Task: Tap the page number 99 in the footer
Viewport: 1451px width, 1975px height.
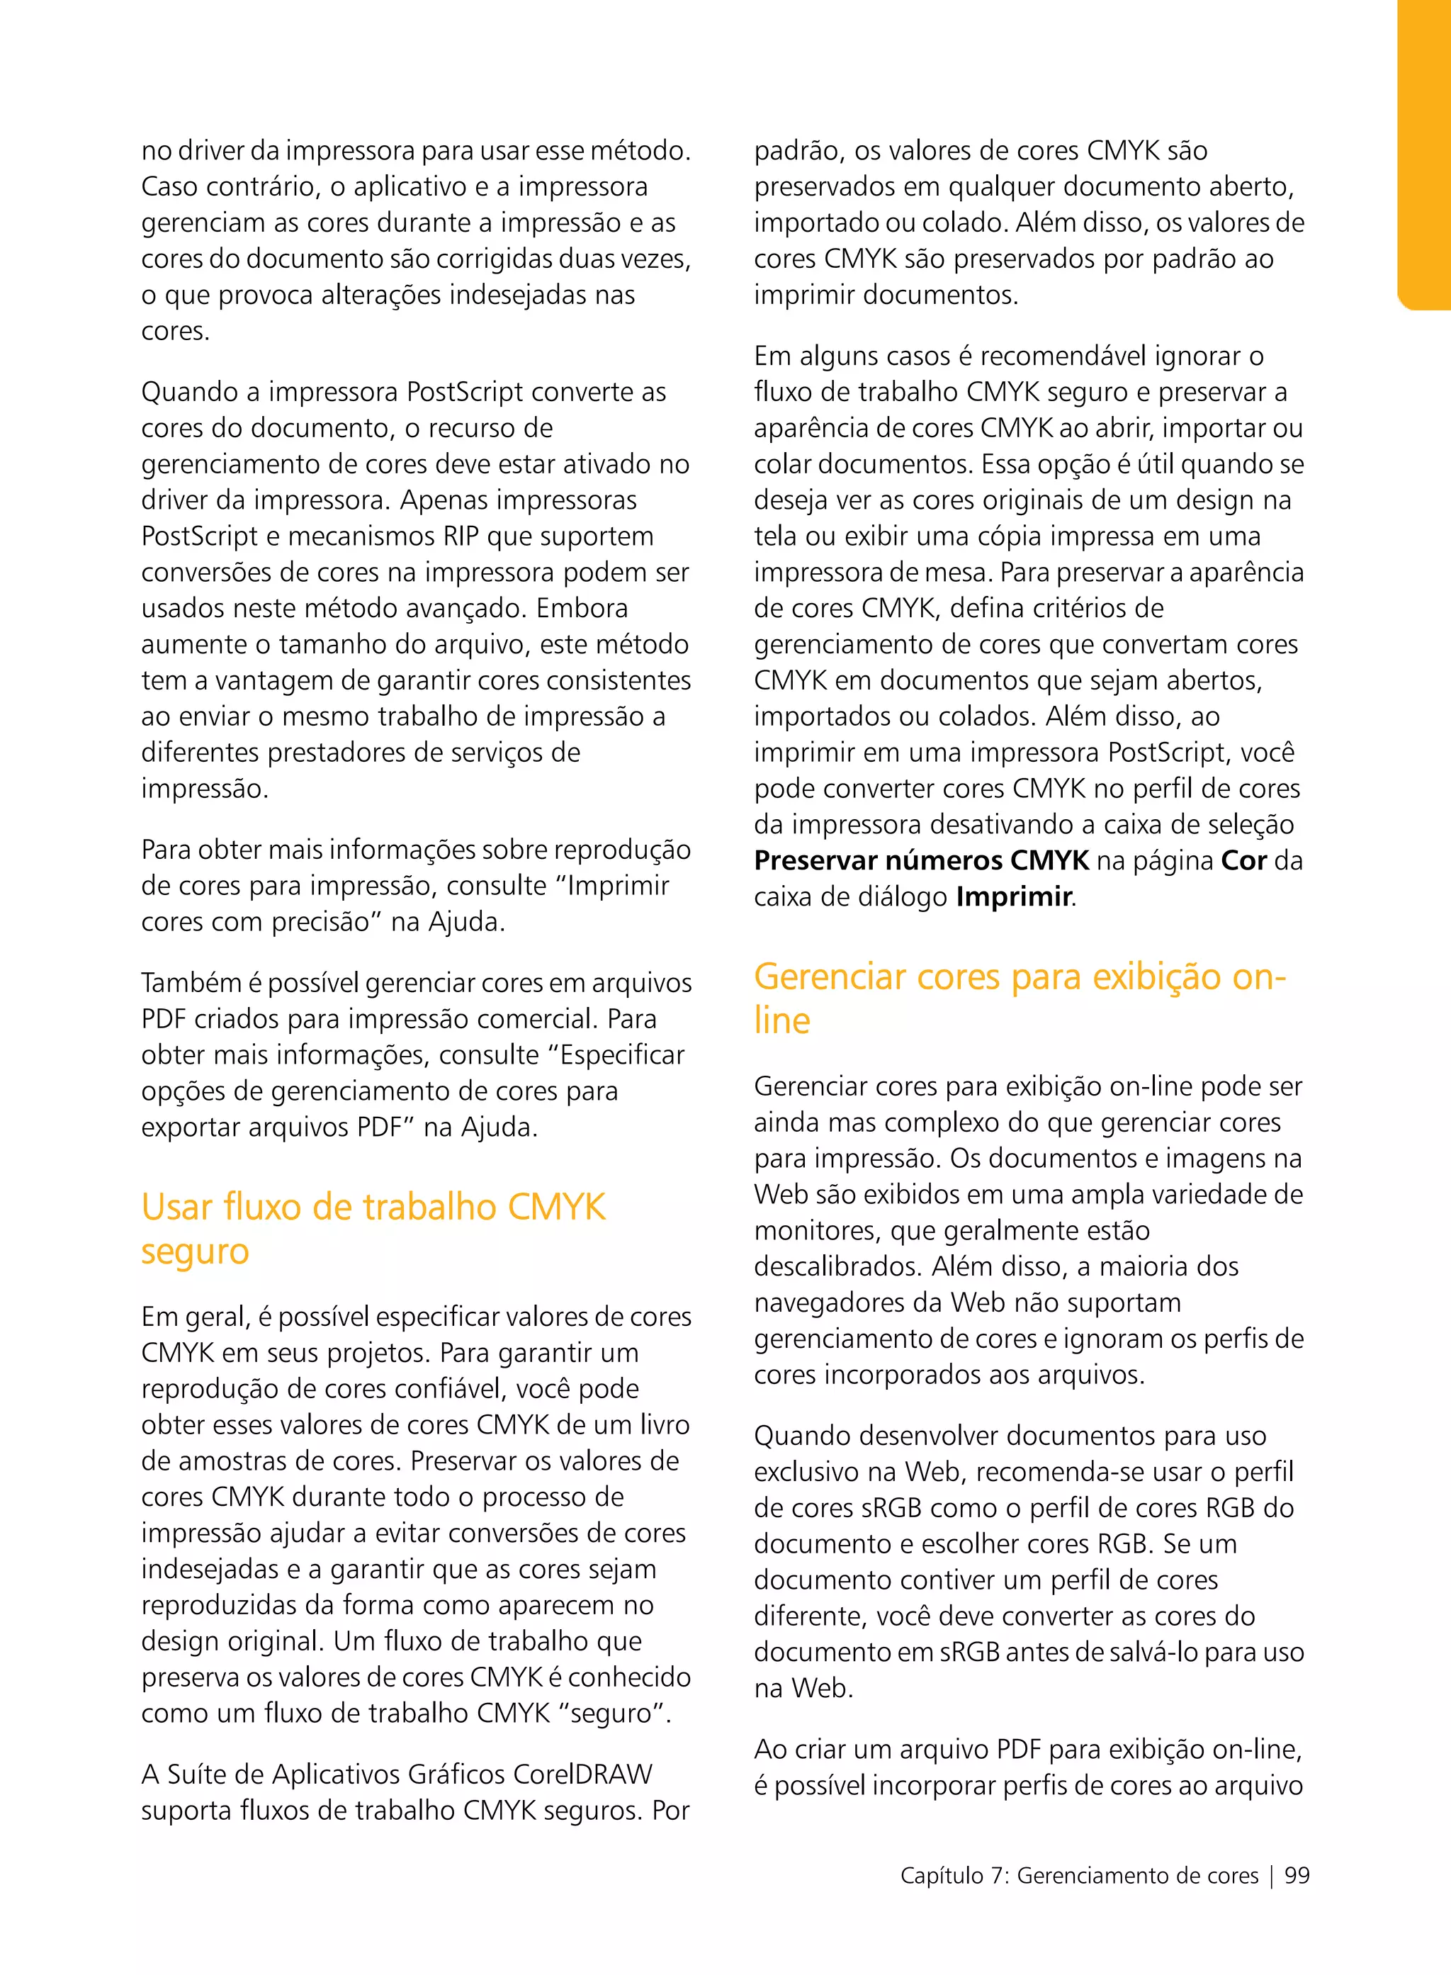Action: click(x=1297, y=1875)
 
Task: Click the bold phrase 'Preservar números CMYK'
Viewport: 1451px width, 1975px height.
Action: click(x=920, y=860)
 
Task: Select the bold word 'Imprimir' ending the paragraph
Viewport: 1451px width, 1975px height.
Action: click(x=1014, y=896)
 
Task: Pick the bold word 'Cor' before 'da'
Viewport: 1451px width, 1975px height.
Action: click(x=1243, y=860)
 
